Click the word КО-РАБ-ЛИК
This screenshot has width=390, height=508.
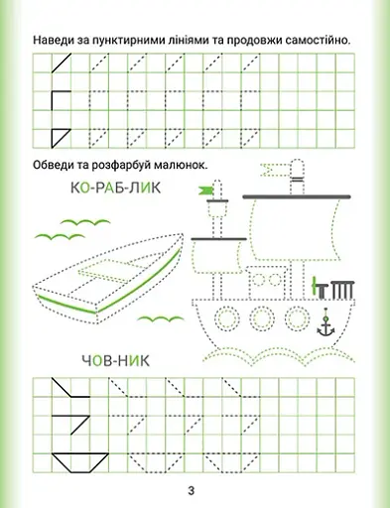[115, 188]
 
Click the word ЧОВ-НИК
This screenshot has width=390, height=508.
[115, 361]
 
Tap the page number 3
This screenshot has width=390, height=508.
[192, 490]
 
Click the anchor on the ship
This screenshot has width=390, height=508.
[325, 324]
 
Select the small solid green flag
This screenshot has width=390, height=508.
[205, 190]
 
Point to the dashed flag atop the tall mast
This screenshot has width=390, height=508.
[272, 170]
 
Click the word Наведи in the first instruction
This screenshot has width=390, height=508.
[52, 41]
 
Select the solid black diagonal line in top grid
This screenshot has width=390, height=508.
[62, 63]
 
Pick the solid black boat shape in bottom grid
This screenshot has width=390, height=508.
[80, 462]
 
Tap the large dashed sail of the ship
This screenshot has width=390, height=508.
[297, 230]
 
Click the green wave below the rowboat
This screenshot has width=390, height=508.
[161, 318]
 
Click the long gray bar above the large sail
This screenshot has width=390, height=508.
[297, 196]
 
